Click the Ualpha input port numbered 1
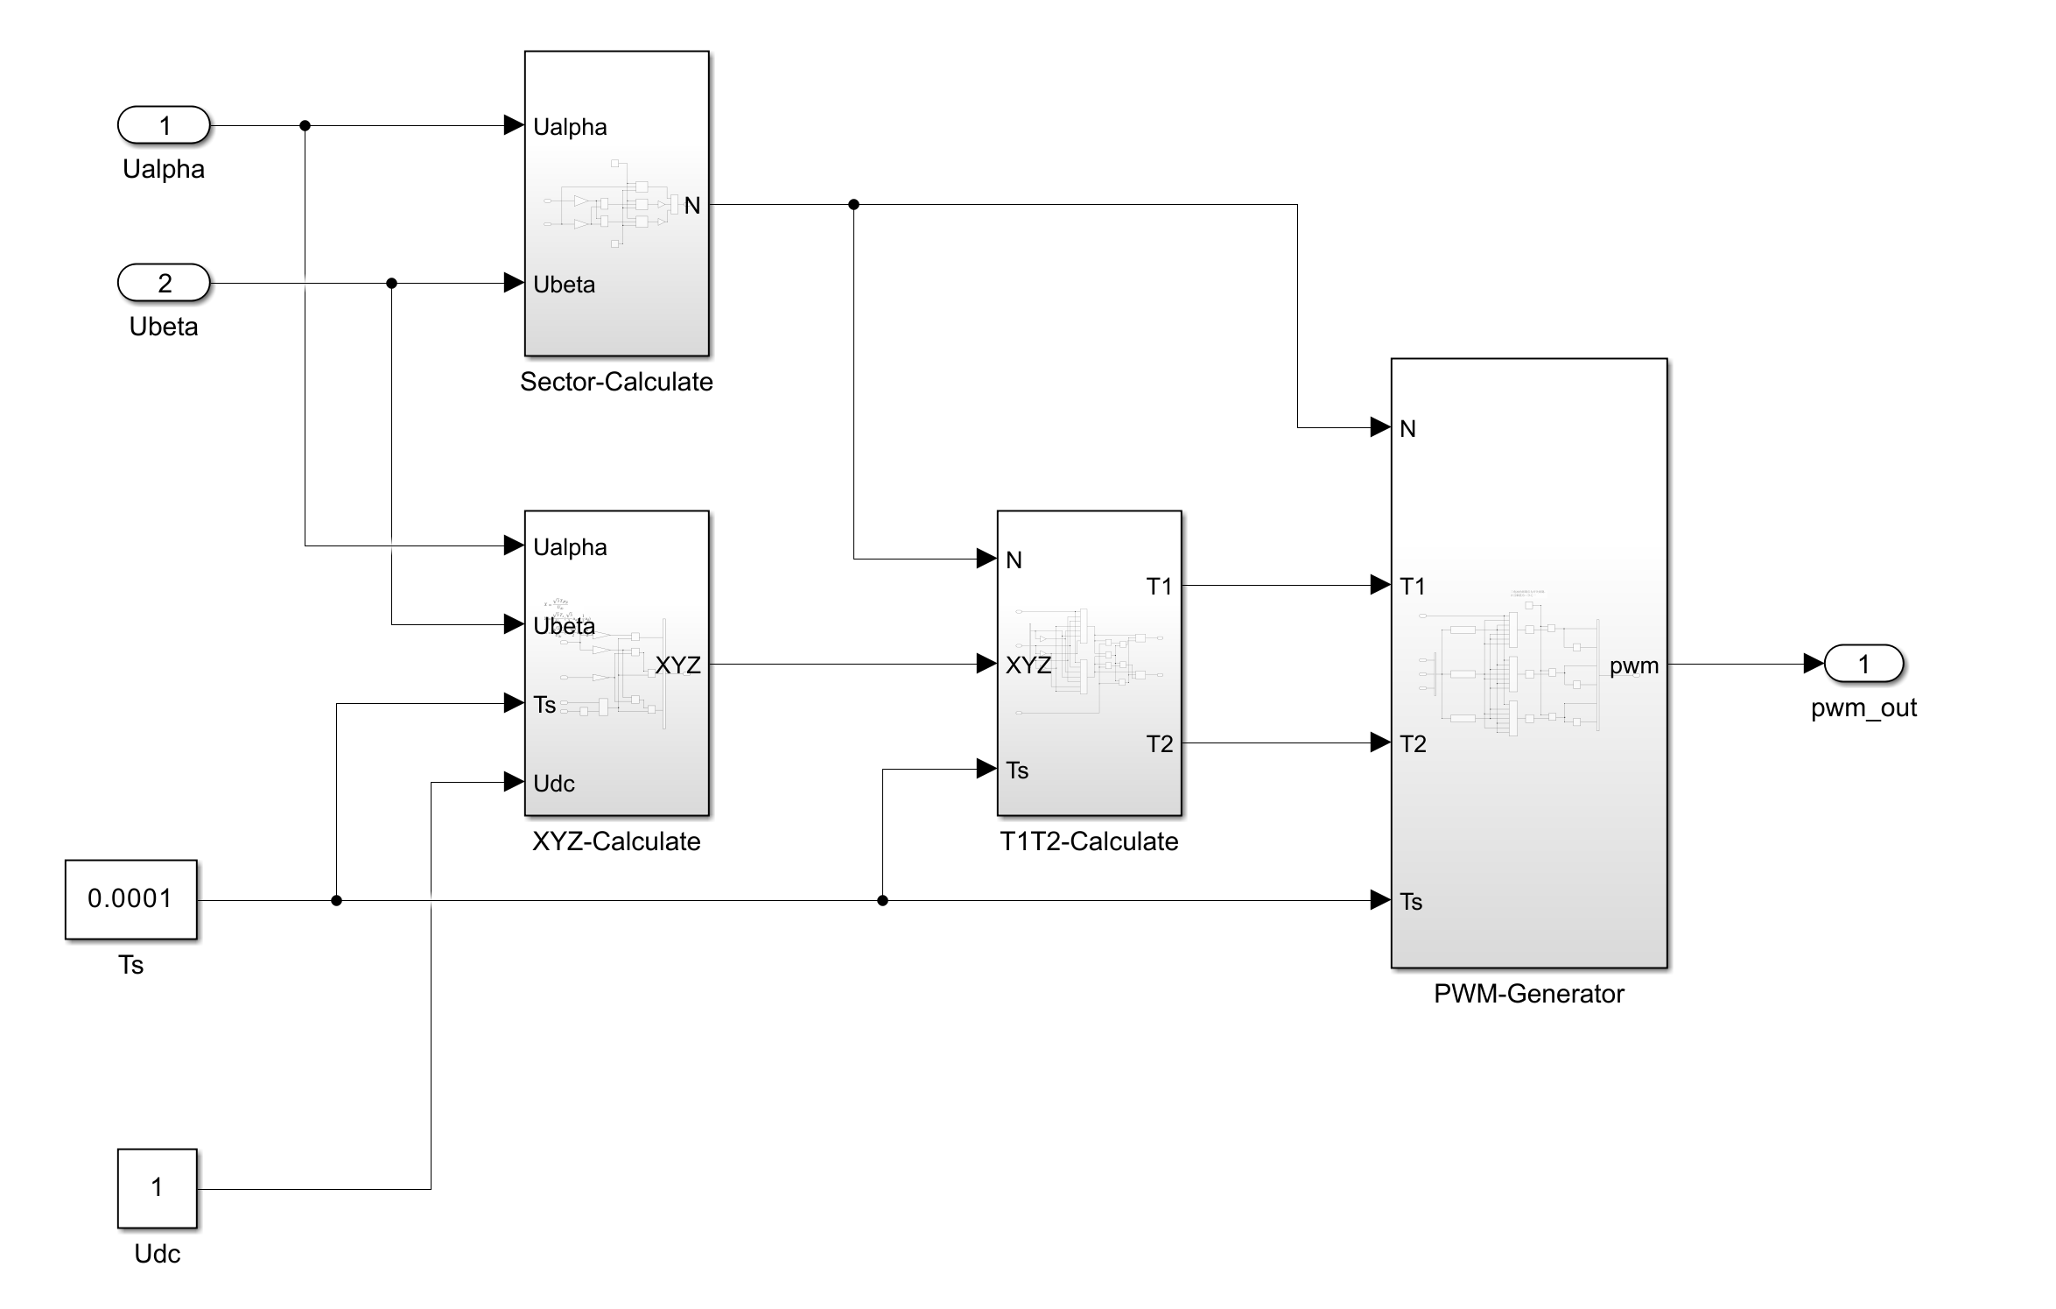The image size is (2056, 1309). click(x=164, y=125)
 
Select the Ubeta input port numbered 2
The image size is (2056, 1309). click(x=164, y=283)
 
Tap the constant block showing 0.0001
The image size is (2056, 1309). click(x=130, y=899)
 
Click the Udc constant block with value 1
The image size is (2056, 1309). click(x=157, y=1188)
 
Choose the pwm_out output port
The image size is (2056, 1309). click(x=1863, y=664)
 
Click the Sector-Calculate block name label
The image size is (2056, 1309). click(x=616, y=382)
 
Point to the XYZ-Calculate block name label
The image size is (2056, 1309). click(x=616, y=841)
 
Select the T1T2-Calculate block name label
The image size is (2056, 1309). click(x=1089, y=841)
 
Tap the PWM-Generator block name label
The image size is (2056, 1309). click(x=1528, y=994)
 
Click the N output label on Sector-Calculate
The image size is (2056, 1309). click(x=691, y=206)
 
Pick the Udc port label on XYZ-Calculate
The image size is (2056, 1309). click(x=554, y=784)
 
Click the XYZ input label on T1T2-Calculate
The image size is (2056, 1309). click(x=1028, y=665)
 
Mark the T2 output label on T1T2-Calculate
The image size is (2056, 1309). click(x=1159, y=744)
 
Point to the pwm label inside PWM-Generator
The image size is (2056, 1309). click(x=1633, y=666)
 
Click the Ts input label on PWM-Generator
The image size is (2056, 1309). click(x=1411, y=902)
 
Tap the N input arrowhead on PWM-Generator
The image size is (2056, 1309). click(x=1380, y=427)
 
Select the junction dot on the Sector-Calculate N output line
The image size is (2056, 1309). click(x=853, y=205)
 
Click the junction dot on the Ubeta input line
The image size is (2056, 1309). click(x=391, y=283)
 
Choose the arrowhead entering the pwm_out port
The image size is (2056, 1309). click(x=1814, y=664)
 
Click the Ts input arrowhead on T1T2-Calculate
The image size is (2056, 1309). click(x=986, y=770)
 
